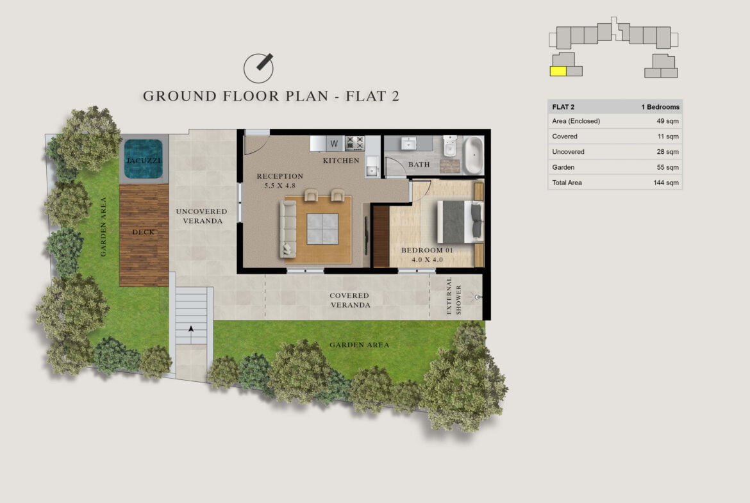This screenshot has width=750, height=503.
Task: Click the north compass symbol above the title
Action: (259, 67)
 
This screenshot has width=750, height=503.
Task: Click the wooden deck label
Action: (144, 232)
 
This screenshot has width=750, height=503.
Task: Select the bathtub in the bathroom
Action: (473, 154)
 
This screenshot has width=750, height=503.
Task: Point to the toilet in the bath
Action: (449, 146)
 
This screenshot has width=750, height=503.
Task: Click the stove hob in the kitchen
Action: (354, 142)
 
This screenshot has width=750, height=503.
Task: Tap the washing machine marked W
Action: (334, 143)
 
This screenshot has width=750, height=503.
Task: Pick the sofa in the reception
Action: (288, 229)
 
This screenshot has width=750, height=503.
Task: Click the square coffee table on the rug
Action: (322, 229)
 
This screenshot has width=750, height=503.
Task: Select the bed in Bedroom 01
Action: (459, 221)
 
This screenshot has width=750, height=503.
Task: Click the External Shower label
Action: (453, 297)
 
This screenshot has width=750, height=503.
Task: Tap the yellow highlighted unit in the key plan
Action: (558, 71)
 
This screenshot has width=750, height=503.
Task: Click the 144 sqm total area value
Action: (666, 183)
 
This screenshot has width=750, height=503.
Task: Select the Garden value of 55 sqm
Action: (668, 167)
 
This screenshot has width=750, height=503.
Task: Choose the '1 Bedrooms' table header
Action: (660, 107)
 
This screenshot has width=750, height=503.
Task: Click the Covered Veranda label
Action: (349, 301)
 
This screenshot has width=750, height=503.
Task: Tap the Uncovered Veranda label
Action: (202, 216)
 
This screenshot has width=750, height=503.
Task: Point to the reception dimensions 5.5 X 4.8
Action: (280, 186)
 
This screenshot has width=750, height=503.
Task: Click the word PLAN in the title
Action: (306, 96)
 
